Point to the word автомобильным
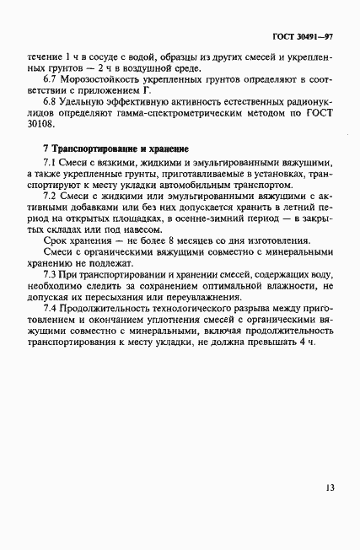coord(213,183)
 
